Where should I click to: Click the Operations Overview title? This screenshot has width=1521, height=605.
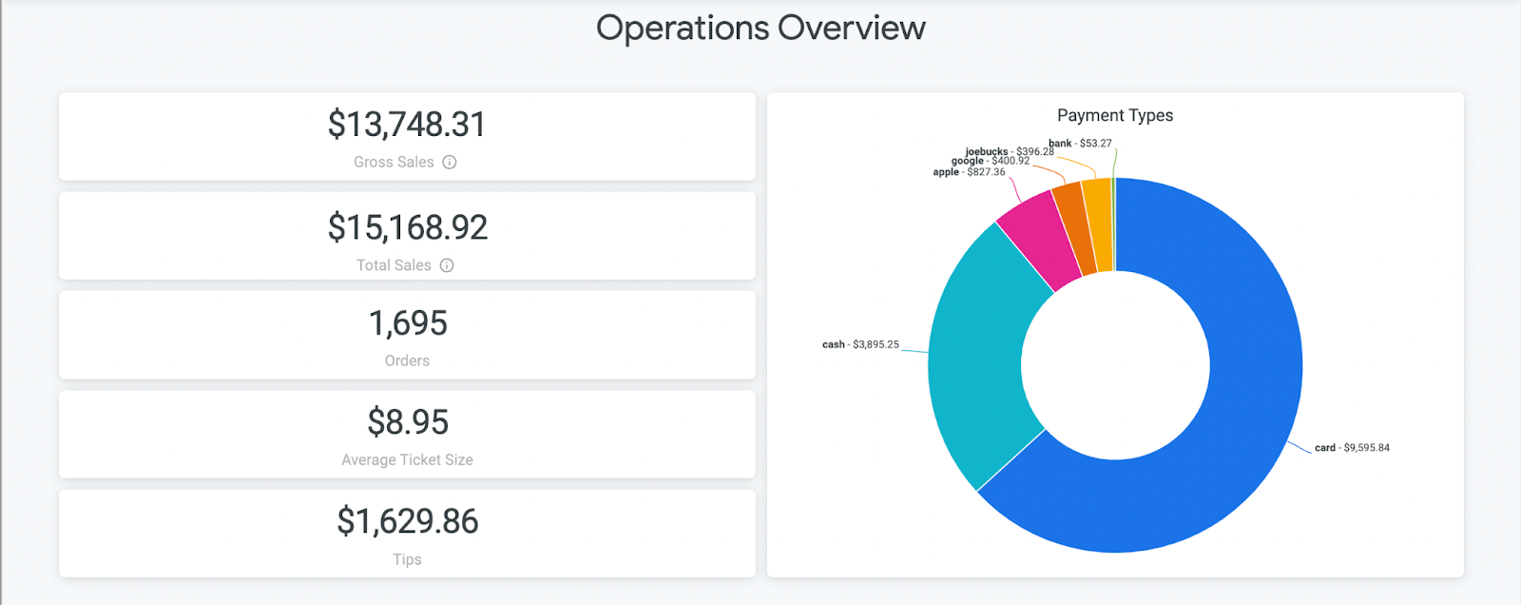(x=760, y=29)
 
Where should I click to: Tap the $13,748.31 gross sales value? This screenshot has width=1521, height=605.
(x=407, y=125)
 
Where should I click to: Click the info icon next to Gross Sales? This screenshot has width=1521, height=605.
(x=450, y=163)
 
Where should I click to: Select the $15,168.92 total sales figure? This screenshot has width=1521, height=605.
(x=407, y=227)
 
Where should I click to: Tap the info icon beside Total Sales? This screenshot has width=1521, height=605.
(x=447, y=265)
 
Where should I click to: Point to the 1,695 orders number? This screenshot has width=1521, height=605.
(x=407, y=323)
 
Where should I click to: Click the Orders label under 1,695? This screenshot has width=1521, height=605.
(x=407, y=361)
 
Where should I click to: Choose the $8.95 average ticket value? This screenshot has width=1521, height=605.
(x=407, y=422)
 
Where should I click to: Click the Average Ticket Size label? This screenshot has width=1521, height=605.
(x=407, y=459)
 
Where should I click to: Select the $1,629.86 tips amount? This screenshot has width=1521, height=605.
(x=407, y=521)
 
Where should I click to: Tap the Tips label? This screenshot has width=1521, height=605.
(x=407, y=559)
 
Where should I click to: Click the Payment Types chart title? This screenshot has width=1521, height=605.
(x=1115, y=115)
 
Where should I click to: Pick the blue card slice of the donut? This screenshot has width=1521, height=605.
(x=1236, y=428)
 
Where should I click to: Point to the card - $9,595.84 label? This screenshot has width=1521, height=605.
(x=1352, y=448)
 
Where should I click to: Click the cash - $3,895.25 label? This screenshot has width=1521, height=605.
(x=860, y=344)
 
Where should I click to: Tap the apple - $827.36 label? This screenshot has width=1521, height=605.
(x=969, y=172)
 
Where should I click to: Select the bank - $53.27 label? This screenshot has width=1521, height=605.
(x=1080, y=144)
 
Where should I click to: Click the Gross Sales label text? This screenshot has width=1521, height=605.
(x=394, y=163)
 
